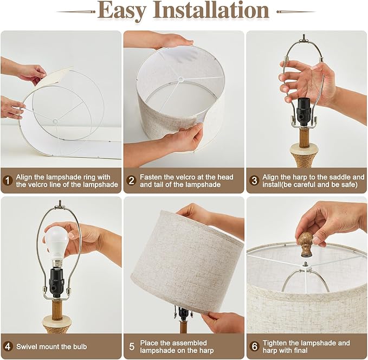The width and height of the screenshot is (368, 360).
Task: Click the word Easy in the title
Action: coord(122,11)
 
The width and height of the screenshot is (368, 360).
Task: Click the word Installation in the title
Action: coord(211,10)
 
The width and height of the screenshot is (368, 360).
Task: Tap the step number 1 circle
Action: coord(8,181)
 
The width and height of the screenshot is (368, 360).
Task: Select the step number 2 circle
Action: coord(131,181)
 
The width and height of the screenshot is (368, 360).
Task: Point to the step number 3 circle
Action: coord(254,181)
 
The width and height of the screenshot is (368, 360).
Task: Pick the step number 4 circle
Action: coord(8,346)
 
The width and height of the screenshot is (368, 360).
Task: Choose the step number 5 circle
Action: coord(132,346)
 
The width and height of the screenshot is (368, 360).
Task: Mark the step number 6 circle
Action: coord(254,346)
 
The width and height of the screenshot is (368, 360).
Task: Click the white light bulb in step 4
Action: coord(57,244)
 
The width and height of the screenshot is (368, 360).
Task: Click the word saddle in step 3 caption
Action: coord(339,177)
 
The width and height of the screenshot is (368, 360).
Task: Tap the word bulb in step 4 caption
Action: coord(80,346)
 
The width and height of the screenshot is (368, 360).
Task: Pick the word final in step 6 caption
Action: coord(300,350)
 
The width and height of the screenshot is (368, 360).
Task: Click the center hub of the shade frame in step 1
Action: coord(55,121)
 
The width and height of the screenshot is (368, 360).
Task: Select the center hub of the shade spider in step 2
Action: coord(181,79)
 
